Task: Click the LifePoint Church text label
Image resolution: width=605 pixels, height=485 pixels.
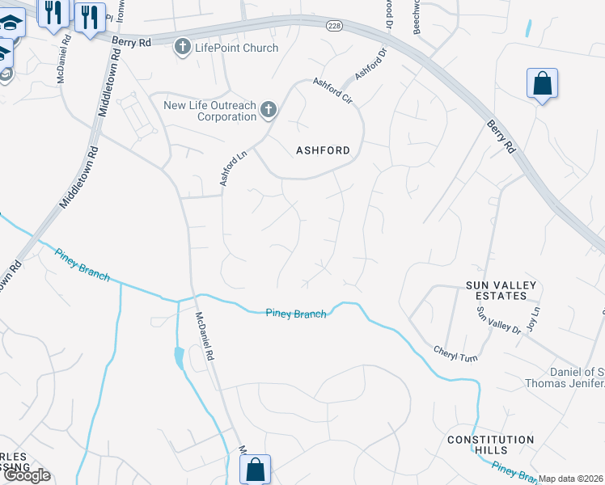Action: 236,48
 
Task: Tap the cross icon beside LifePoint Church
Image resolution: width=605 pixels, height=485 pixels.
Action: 183,48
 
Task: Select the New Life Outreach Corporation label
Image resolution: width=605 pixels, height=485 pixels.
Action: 209,111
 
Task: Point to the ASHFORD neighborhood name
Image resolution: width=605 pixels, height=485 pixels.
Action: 323,150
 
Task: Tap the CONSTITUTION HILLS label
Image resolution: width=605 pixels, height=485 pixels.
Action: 490,445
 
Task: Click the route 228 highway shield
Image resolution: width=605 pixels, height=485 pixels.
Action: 334,27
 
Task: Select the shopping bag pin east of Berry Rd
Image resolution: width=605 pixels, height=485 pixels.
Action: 541,83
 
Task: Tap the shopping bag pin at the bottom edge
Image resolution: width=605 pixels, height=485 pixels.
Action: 255,469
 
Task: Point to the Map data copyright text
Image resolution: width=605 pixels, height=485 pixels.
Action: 571,479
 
